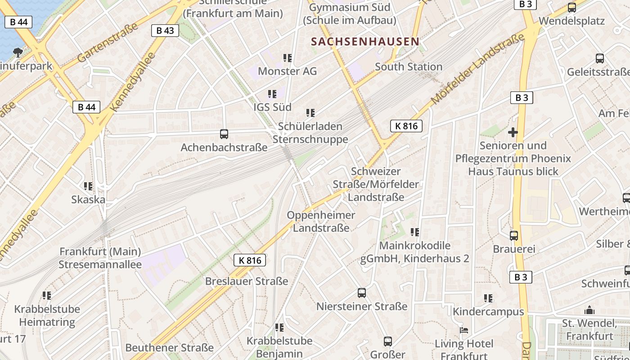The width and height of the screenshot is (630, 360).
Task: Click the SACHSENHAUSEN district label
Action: [365, 42]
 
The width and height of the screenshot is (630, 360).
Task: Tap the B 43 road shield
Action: [165, 31]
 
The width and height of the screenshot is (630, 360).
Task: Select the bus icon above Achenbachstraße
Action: [224, 134]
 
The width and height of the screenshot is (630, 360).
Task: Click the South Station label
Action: [409, 67]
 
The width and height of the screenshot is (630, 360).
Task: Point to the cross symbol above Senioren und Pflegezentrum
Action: [513, 132]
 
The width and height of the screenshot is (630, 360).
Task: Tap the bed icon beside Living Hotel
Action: [464, 330]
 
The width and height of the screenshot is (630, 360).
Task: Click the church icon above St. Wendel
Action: [589, 310]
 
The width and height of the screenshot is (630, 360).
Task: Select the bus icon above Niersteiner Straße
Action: [361, 293]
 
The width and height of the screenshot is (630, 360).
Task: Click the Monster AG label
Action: [287, 71]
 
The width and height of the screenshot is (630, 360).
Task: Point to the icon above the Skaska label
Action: [88, 186]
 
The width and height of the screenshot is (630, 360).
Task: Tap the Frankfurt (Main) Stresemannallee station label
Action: [100, 258]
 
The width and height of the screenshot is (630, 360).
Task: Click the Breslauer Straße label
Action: [246, 281]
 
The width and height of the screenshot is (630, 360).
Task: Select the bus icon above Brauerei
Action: [513, 235]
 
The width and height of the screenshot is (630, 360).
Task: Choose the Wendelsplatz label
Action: [571, 21]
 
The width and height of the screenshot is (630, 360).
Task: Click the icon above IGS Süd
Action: [272, 94]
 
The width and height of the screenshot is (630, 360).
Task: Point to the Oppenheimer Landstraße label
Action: [321, 221]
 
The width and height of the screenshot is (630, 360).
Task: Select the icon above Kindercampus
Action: [488, 298]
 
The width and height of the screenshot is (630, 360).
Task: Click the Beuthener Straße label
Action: [169, 348]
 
